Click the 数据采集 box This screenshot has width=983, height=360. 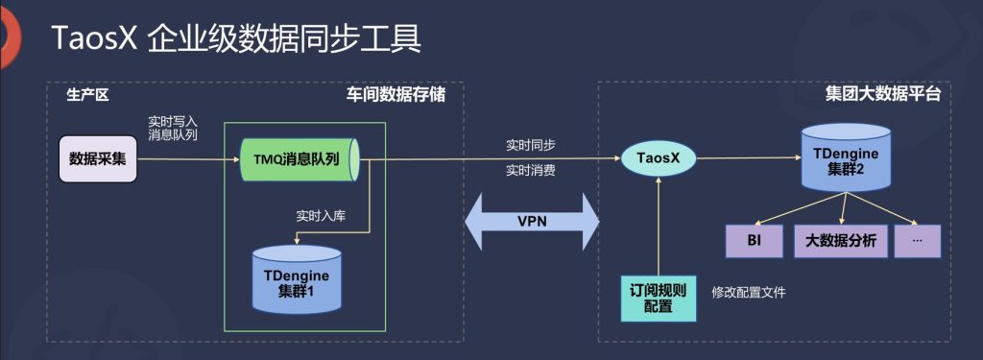[x=98, y=157]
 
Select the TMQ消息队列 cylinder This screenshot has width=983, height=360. [x=298, y=158]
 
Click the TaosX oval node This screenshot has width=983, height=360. [x=659, y=158]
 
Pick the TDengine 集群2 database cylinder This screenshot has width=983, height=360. [x=846, y=158]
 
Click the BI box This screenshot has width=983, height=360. [x=754, y=240]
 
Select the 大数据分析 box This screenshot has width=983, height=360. [x=836, y=240]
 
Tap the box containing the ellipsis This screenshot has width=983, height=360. [x=916, y=240]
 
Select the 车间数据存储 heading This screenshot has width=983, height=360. [x=395, y=96]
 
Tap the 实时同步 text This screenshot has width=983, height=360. [x=530, y=145]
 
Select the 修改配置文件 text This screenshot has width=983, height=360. [x=748, y=292]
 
